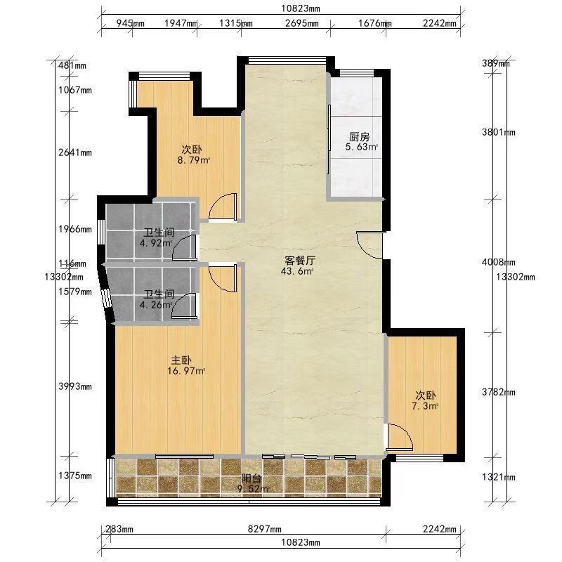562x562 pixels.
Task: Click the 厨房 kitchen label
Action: pos(359,136)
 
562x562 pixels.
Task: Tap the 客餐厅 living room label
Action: pos(300,260)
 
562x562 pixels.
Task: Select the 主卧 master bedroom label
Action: pos(181,360)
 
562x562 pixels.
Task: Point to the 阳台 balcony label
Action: pos(251,478)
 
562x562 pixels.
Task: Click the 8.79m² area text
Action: pos(194,160)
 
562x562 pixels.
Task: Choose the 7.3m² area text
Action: pos(425,406)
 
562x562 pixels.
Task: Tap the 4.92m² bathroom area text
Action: pos(156,243)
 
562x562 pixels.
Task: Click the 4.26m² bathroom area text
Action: pos(156,305)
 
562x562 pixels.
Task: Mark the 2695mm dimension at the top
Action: pos(302,23)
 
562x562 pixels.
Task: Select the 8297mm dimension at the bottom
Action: pos(265,529)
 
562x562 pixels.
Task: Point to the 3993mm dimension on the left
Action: pos(75,386)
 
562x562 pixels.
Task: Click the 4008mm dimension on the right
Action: pos(499,262)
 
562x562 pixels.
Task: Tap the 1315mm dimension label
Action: pos(236,23)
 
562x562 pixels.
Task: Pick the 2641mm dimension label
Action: pos(75,152)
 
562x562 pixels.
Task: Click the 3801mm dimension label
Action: pos(499,132)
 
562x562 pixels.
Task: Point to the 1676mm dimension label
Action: pos(375,23)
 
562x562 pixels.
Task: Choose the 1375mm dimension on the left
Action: pos(75,476)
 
